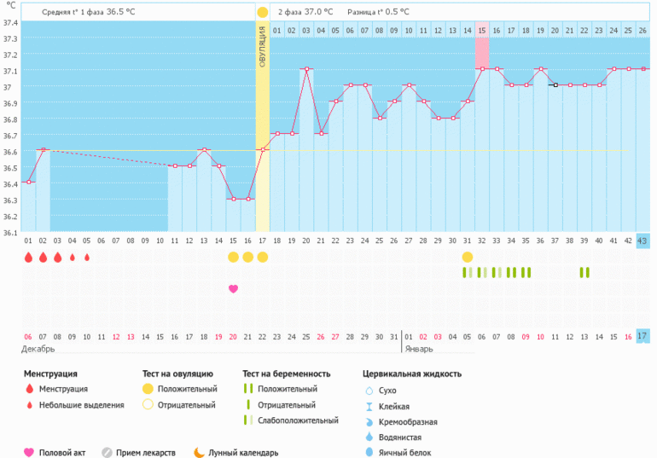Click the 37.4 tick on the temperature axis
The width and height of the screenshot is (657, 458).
(x=9, y=22)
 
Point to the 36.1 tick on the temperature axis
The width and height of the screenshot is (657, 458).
(x=9, y=232)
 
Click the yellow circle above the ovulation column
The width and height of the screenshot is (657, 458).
(x=263, y=12)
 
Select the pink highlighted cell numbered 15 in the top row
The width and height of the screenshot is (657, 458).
(x=482, y=31)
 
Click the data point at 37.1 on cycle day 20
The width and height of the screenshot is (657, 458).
(x=306, y=69)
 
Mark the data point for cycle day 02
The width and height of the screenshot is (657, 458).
(x=43, y=150)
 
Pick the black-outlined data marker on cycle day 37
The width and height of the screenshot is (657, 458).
(x=555, y=85)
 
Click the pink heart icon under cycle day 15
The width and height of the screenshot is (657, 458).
(x=233, y=289)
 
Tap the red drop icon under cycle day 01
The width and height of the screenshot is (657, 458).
(x=28, y=257)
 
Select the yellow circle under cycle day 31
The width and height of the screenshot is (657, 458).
(x=468, y=257)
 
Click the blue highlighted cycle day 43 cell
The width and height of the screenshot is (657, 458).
(x=642, y=241)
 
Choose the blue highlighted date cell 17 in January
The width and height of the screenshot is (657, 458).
(x=642, y=336)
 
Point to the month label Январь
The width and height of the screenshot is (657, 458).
(x=420, y=350)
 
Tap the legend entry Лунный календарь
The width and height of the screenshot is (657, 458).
(x=243, y=453)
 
